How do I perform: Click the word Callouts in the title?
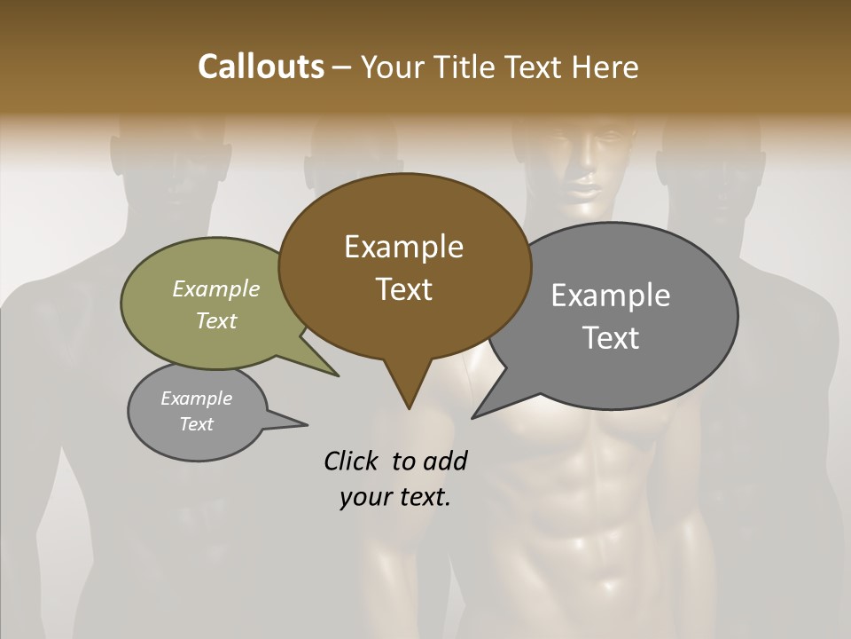(x=261, y=67)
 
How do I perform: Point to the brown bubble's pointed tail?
(x=408, y=390)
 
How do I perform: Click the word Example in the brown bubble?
(x=403, y=247)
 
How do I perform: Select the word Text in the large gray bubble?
(x=611, y=338)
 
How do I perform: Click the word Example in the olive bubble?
(x=216, y=289)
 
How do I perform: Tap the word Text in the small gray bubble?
(x=197, y=424)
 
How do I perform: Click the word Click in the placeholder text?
(x=354, y=461)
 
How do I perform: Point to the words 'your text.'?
(x=395, y=497)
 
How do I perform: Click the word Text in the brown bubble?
(x=403, y=289)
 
